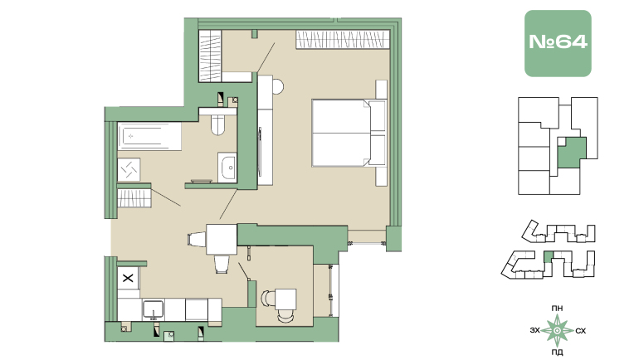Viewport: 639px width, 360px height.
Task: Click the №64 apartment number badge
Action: [x=558, y=43]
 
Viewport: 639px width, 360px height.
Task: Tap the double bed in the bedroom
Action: [x=349, y=133]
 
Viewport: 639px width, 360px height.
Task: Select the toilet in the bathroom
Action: [x=218, y=124]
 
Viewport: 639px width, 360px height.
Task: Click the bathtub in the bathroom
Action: [x=149, y=136]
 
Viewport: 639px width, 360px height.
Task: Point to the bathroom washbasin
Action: [x=227, y=168]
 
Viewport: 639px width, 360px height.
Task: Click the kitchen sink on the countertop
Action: [x=154, y=310]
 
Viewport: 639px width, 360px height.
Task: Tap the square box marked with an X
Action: [x=128, y=278]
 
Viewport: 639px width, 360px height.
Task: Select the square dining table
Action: [x=222, y=239]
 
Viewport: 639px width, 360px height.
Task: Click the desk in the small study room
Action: [x=285, y=299]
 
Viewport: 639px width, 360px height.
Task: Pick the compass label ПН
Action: [x=557, y=309]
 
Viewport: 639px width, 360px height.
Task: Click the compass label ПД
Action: [x=557, y=353]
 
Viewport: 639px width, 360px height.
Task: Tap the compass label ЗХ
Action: [x=535, y=330]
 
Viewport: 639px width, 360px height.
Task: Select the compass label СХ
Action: [x=580, y=331]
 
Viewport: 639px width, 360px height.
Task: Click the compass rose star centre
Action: [x=557, y=331]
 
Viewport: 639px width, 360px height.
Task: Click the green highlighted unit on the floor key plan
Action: [x=572, y=153]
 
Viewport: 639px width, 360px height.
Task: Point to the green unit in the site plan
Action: [x=549, y=257]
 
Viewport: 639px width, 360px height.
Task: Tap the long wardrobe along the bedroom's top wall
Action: [x=343, y=40]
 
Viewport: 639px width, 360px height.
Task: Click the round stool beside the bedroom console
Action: [x=278, y=87]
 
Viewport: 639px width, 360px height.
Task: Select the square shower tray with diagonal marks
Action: [x=129, y=169]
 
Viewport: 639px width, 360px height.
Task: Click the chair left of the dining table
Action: [x=197, y=239]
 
